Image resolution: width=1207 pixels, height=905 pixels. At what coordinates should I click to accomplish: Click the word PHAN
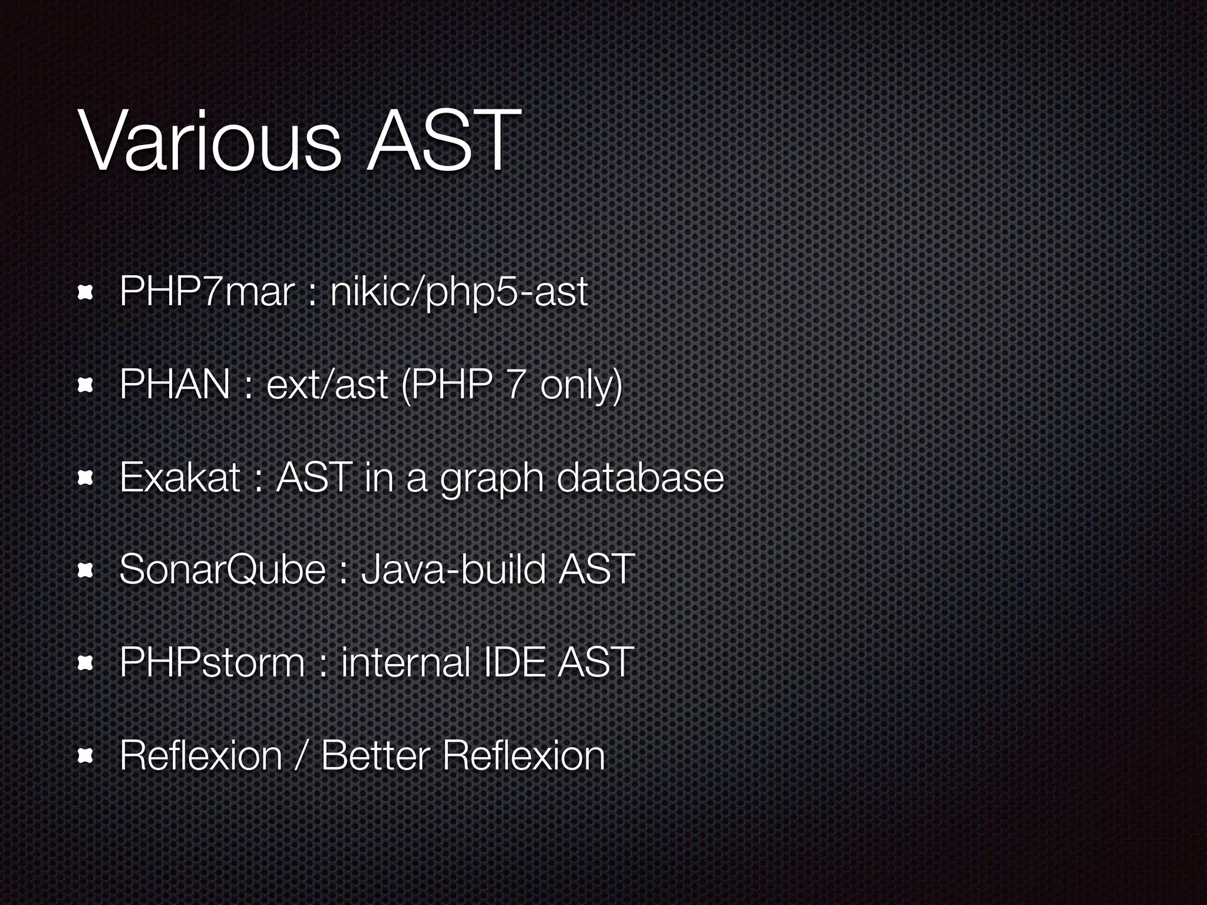[174, 384]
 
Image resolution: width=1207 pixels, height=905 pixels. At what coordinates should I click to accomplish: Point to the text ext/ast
[327, 384]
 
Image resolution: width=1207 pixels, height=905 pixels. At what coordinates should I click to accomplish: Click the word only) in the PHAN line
[581, 384]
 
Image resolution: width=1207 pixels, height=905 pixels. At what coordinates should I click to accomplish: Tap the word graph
[492, 478]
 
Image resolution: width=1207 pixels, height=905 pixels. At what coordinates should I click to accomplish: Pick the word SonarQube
[222, 570]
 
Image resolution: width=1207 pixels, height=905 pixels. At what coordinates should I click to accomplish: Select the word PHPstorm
[212, 662]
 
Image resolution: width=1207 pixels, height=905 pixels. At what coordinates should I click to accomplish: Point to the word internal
[405, 662]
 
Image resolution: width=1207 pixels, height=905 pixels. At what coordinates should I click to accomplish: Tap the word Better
[375, 755]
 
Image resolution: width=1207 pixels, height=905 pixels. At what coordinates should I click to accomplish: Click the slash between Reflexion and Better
[301, 755]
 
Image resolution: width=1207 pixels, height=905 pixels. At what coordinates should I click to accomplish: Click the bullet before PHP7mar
[86, 293]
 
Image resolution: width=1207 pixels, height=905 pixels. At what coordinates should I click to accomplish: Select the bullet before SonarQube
[86, 571]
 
